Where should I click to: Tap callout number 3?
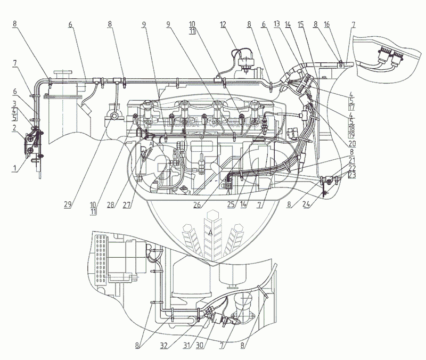coord(14,102)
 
